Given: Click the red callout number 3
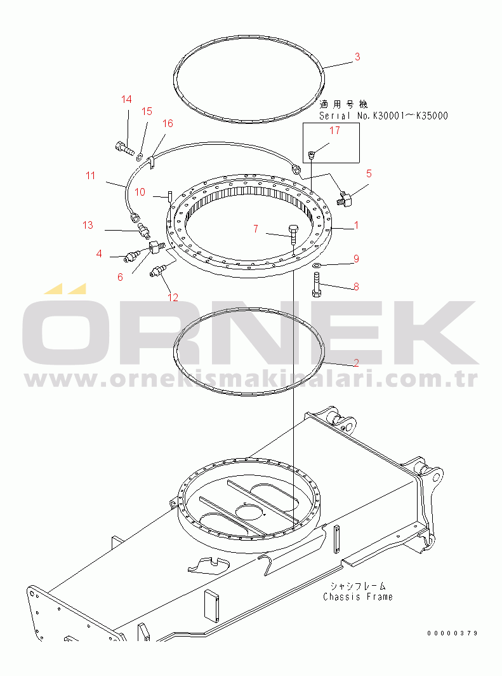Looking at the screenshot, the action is (357, 57).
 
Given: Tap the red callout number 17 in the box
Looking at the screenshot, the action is (334, 130).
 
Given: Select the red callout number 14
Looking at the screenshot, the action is (126, 99).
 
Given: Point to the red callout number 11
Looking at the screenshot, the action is (90, 175).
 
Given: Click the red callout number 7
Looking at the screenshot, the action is (256, 229).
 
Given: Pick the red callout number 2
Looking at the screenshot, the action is (356, 363).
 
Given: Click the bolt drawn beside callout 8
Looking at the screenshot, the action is (317, 285).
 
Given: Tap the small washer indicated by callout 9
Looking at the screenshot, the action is (317, 265).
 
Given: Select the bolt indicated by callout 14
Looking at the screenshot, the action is (124, 147).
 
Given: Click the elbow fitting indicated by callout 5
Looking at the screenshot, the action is (345, 199).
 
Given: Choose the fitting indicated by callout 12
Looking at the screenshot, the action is (157, 271).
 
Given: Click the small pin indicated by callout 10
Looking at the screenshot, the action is (170, 196).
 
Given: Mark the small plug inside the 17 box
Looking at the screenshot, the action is (312, 154).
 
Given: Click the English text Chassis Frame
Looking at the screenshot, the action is (358, 597).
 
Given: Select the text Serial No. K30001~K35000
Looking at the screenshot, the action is (383, 116).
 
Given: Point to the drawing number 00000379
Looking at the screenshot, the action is (452, 633).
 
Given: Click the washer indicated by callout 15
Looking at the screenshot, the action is (140, 154).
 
